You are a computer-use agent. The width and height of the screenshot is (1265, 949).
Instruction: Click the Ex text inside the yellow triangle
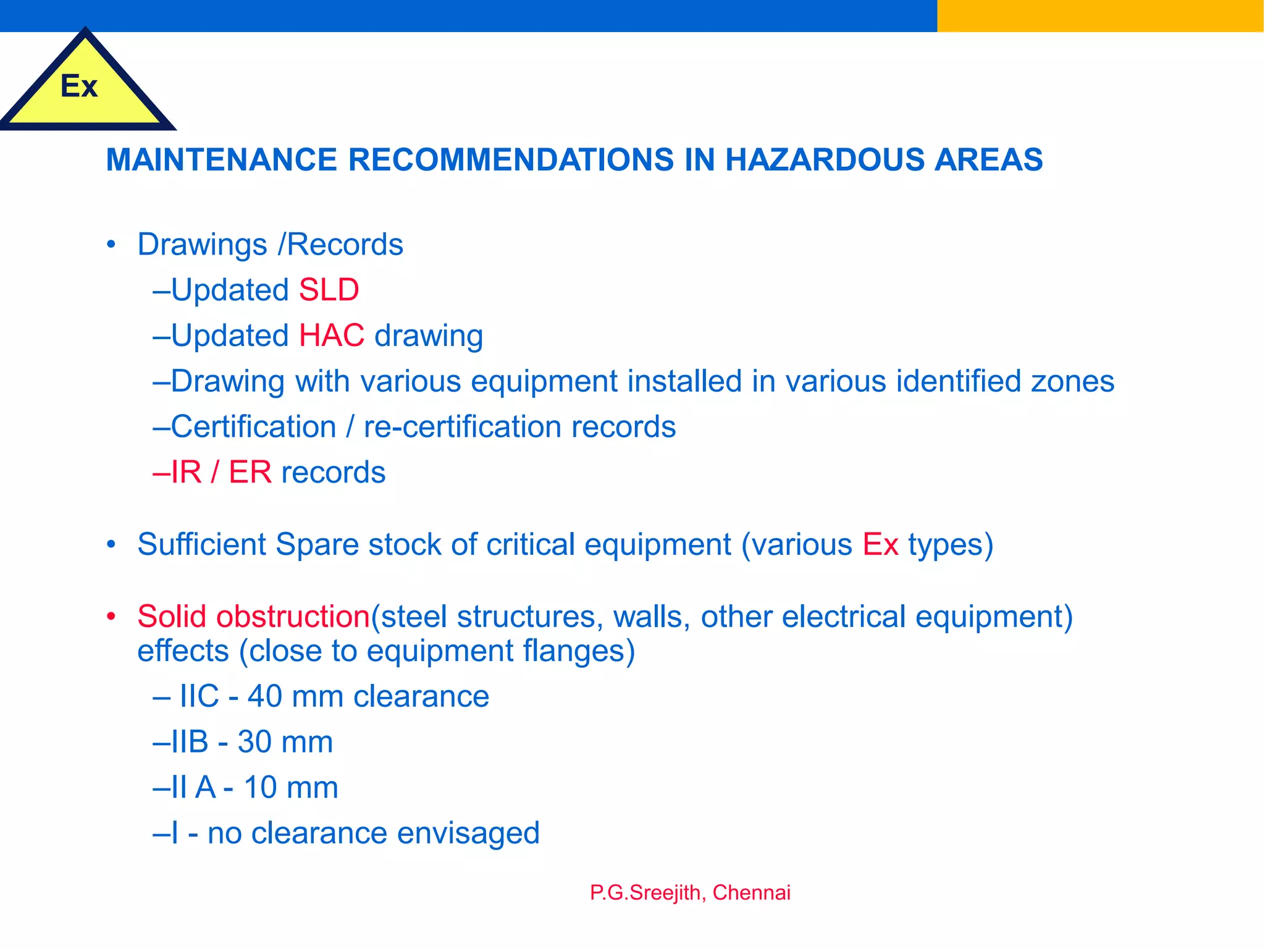(x=79, y=86)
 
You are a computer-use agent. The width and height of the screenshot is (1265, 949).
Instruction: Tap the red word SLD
(x=329, y=290)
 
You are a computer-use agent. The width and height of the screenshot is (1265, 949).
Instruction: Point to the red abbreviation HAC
(x=332, y=336)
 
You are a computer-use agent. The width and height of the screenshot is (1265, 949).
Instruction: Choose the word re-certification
(x=463, y=427)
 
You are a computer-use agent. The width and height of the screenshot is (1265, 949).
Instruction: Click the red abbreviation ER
(x=250, y=473)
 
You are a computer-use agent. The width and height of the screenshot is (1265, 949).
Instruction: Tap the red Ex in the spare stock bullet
(x=880, y=545)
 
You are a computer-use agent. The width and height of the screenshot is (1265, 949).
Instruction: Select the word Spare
(x=317, y=545)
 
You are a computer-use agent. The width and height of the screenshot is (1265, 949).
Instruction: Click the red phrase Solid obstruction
(x=253, y=617)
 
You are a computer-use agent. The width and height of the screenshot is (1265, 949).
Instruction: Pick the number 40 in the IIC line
(x=265, y=697)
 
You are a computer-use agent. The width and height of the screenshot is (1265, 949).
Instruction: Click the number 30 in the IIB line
(x=255, y=742)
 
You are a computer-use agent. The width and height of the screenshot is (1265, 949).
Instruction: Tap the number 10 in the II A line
(x=260, y=788)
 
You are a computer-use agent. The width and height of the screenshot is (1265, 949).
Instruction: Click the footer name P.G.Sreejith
(x=645, y=893)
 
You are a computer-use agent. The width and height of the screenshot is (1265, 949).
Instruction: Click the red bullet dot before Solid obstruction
(x=111, y=617)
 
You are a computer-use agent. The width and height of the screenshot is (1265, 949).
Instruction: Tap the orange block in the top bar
(x=1100, y=15)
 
